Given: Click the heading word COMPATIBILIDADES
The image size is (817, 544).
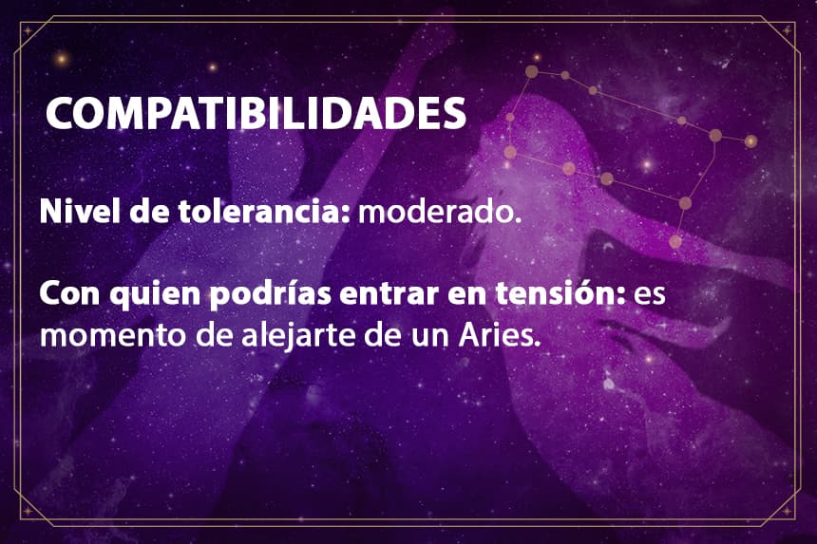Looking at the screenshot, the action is tap(256, 113).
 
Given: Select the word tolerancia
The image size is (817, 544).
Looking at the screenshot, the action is tap(264, 212).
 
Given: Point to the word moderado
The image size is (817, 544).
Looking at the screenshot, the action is tap(439, 212).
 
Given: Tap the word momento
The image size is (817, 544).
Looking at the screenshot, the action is tap(113, 336).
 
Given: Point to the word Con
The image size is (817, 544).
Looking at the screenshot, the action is tap(69, 294).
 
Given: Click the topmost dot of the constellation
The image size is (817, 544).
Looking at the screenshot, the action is tap(531, 71).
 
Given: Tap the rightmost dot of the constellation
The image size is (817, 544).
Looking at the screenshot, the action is tap(750, 141).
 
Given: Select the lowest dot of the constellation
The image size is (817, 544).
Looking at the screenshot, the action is tap(674, 241).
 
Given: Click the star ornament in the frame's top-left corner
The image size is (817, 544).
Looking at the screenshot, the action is tap(28, 30).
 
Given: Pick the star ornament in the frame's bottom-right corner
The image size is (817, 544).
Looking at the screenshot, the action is tap(787, 511).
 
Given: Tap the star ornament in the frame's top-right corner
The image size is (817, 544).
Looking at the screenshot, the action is tap(787, 30).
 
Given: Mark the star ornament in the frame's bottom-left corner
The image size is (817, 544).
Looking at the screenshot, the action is tap(28, 511).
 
